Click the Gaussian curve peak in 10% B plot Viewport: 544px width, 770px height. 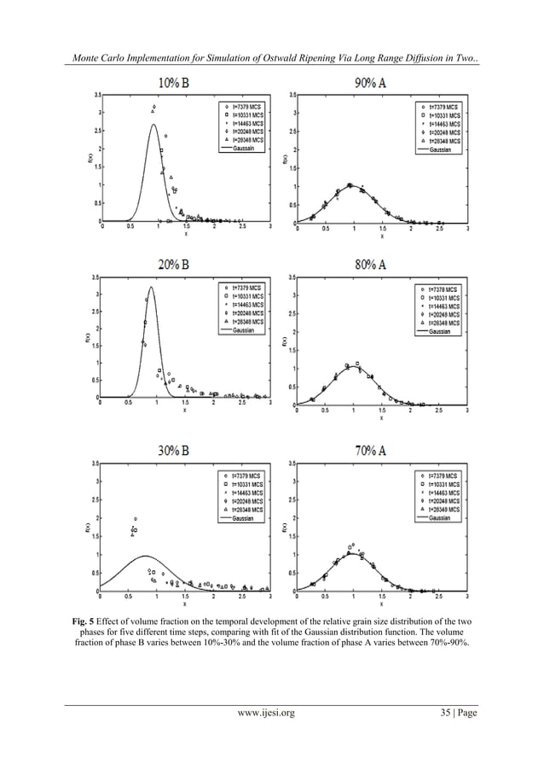click(153, 125)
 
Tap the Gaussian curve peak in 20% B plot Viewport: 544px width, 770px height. click(151, 288)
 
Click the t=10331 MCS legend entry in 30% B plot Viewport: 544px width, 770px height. click(244, 483)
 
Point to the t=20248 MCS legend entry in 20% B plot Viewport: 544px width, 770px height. click(244, 313)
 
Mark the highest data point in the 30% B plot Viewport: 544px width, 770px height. click(136, 519)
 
